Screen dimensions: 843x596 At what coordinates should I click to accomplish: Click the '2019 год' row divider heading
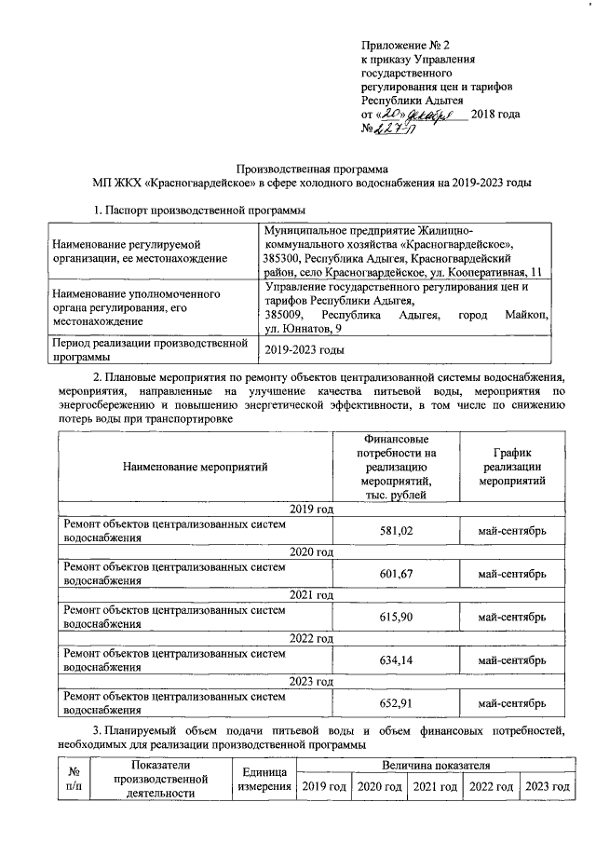311,510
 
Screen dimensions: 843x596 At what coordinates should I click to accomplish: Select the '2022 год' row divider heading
311,638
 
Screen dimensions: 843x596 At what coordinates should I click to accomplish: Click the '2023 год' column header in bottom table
547,787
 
